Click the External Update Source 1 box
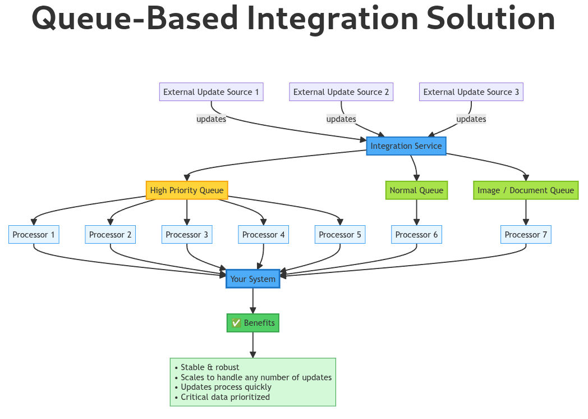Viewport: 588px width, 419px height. click(x=211, y=92)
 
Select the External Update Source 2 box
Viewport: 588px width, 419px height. click(x=341, y=92)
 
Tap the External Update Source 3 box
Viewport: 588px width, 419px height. click(x=471, y=92)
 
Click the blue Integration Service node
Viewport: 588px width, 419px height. click(x=406, y=146)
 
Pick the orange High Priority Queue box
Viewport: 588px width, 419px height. click(x=187, y=190)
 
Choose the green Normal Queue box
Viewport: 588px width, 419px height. click(x=416, y=190)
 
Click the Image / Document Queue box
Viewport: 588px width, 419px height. click(x=526, y=190)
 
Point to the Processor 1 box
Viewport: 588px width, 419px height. click(x=34, y=235)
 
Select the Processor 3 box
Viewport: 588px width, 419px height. click(x=187, y=235)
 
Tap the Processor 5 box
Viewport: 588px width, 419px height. click(x=340, y=235)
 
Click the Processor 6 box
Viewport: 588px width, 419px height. click(x=416, y=235)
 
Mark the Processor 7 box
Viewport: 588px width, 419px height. click(x=526, y=235)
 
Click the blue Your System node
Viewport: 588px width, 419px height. click(x=253, y=279)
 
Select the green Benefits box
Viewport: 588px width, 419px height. click(x=253, y=323)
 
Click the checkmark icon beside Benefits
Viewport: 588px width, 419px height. click(x=236, y=323)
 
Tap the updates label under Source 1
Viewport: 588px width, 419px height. click(x=211, y=119)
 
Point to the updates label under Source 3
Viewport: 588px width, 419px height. click(x=471, y=119)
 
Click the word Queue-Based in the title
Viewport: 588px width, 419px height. click(x=134, y=18)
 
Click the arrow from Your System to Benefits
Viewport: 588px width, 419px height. click(x=253, y=300)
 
